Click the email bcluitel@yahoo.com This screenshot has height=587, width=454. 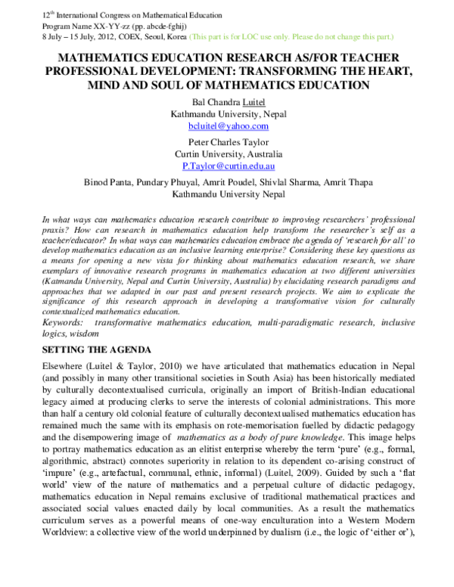point(226,126)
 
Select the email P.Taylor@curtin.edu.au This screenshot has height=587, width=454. point(226,164)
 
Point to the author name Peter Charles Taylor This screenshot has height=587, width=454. point(226,141)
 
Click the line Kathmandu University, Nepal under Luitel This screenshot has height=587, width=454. point(226,114)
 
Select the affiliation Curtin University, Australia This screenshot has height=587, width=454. point(226,153)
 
